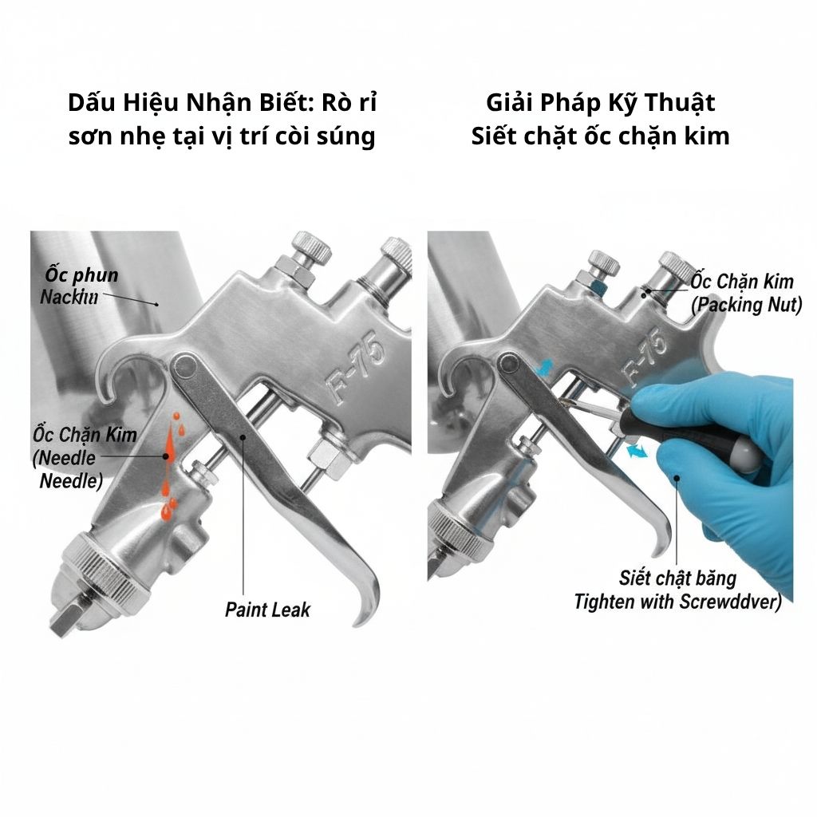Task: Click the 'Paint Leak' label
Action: coord(266,610)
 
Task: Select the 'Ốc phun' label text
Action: coord(81,276)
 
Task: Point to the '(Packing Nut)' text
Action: coord(746,304)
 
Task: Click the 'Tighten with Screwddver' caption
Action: coord(677,601)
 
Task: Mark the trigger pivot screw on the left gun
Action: coord(186,366)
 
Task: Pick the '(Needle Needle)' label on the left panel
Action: coord(68,470)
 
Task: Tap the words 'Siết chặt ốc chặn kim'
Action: coord(600,136)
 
